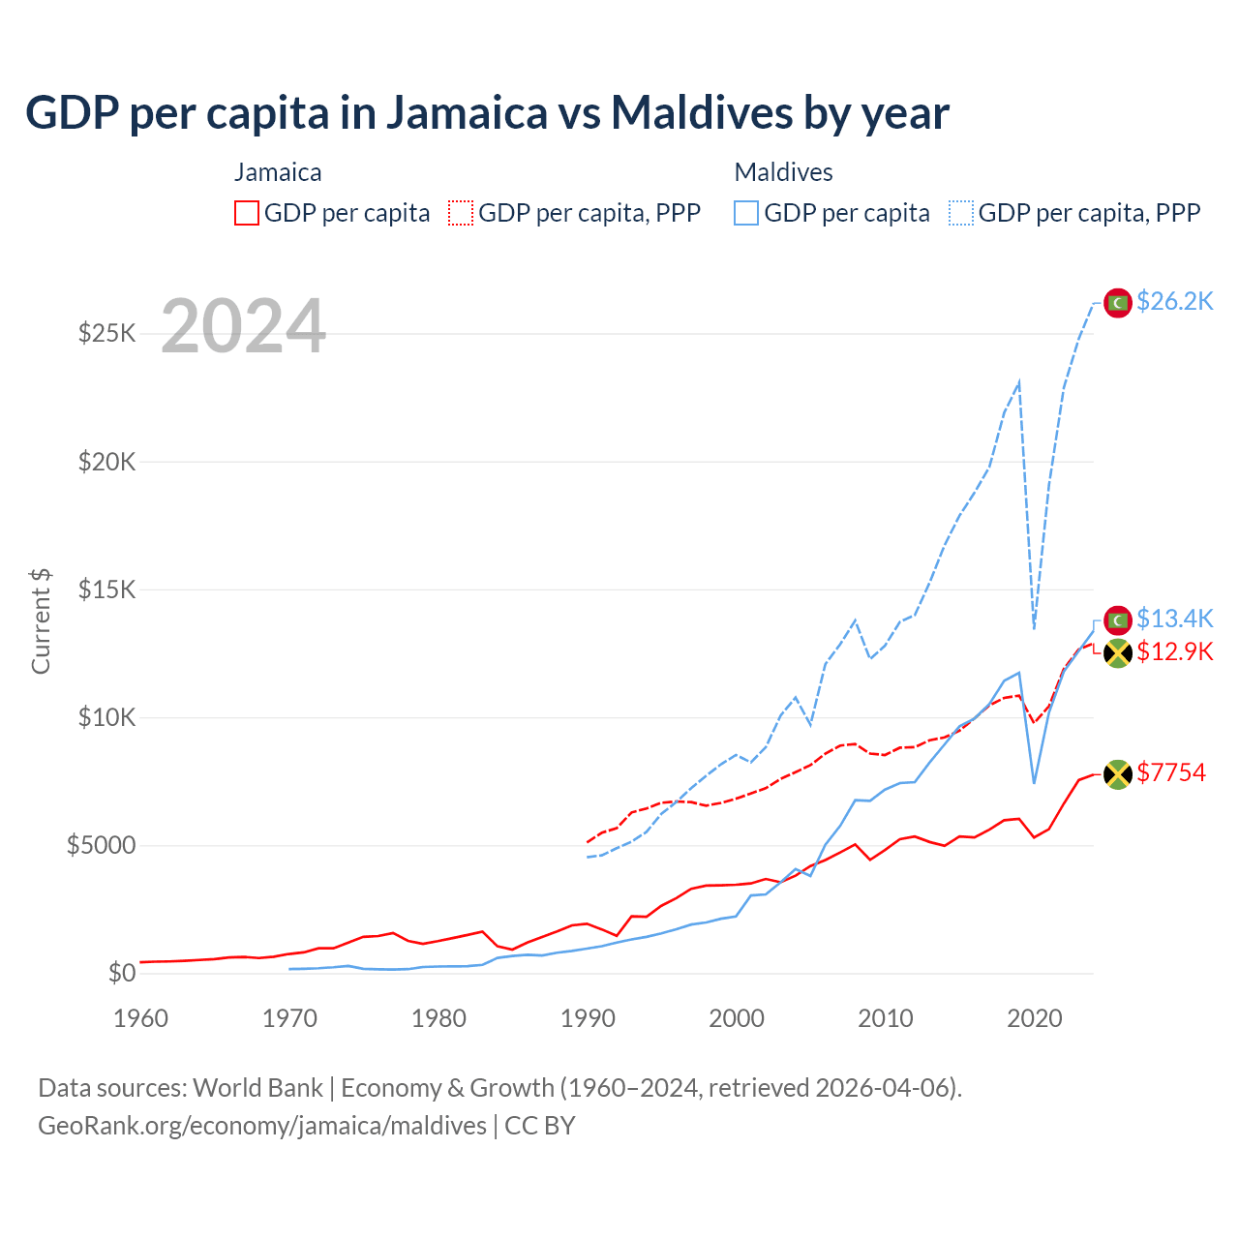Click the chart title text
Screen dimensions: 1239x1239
pos(487,113)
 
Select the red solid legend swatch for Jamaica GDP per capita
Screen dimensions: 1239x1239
pos(247,213)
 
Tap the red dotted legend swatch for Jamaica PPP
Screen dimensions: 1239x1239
pos(461,213)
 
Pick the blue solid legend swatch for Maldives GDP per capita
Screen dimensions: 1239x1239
pos(746,213)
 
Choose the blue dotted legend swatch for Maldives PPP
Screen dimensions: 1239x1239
pos(961,213)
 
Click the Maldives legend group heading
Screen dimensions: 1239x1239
pos(783,172)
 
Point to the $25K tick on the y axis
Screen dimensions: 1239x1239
pos(106,334)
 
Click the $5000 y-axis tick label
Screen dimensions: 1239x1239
pos(101,845)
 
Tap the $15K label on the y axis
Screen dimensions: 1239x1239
pos(106,589)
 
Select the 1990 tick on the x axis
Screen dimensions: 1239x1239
pos(588,1018)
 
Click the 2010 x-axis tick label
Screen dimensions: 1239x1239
pos(886,1018)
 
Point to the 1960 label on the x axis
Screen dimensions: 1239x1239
pos(141,1018)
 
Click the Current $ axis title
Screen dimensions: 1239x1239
pos(41,620)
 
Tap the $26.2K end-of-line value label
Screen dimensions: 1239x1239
pos(1174,302)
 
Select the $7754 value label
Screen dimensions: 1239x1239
pos(1171,772)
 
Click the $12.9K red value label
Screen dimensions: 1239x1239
pos(1174,651)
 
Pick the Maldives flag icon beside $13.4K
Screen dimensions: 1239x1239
pos(1118,619)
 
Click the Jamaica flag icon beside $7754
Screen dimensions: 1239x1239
pos(1118,773)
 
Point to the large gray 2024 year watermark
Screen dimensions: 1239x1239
pos(243,327)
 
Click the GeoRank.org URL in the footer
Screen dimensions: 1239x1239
pos(262,1126)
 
